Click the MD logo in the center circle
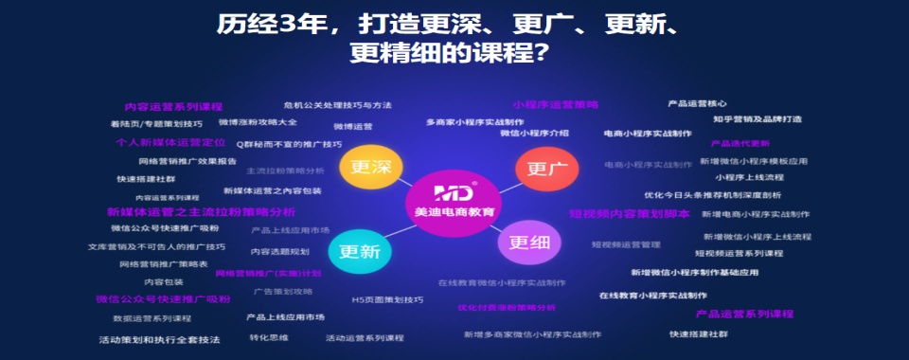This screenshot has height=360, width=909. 454,189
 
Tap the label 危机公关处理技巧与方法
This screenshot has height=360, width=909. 337,105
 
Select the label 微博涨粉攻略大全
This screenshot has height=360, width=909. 258,122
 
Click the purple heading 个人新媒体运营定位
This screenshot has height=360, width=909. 170,142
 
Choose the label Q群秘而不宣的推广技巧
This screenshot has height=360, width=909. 289,144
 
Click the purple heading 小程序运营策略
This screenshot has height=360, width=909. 556,104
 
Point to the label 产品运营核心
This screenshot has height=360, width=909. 697,103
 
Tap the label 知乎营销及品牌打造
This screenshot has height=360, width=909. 757,119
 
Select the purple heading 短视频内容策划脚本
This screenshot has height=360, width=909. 629,214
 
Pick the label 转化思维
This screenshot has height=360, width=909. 269,337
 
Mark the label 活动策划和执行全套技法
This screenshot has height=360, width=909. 160,339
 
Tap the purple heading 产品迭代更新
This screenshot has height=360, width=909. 740,143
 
